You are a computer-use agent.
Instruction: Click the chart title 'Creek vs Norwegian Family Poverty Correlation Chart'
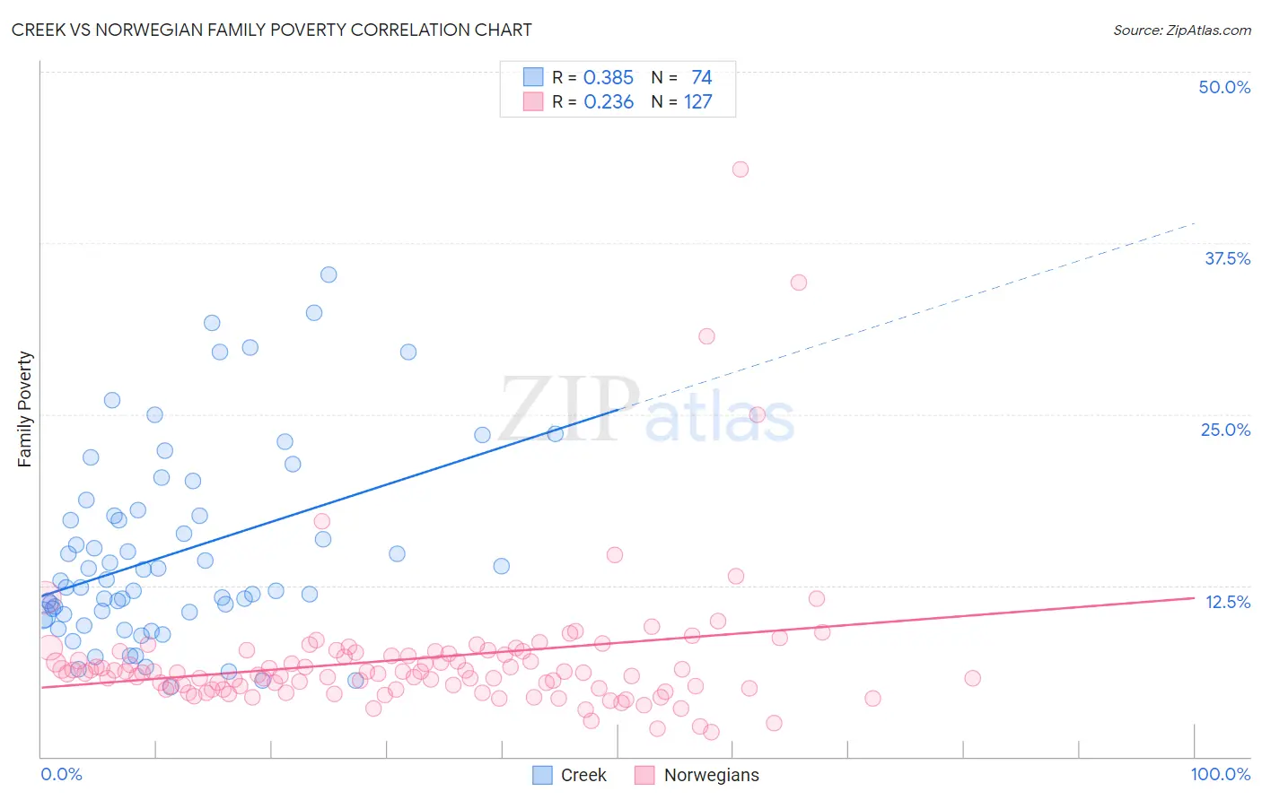(x=271, y=30)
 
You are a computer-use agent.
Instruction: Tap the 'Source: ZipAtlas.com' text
(x=1181, y=30)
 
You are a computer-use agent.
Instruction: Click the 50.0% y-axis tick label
(x=1224, y=87)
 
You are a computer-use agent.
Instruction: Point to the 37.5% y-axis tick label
(x=1227, y=258)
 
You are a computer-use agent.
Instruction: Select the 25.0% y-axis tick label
(x=1225, y=430)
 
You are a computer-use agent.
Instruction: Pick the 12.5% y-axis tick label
(x=1227, y=602)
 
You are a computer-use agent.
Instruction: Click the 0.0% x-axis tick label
(x=61, y=774)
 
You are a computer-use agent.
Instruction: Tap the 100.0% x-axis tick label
(x=1220, y=774)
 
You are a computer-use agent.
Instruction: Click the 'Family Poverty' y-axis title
(x=25, y=409)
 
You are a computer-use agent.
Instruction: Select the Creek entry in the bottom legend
(x=570, y=775)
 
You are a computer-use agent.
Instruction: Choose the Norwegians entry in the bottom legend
(x=697, y=775)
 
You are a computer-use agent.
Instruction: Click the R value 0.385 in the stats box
(x=609, y=78)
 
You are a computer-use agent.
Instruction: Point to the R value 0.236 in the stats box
(x=609, y=102)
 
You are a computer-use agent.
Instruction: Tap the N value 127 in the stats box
(x=697, y=102)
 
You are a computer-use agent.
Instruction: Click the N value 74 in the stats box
(x=701, y=78)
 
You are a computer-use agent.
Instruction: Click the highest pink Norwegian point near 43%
(x=741, y=170)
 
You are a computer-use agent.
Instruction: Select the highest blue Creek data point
(x=329, y=274)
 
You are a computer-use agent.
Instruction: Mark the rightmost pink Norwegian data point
(x=972, y=678)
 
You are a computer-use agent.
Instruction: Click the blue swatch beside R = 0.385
(x=533, y=77)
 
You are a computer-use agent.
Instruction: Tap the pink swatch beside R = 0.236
(x=533, y=101)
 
